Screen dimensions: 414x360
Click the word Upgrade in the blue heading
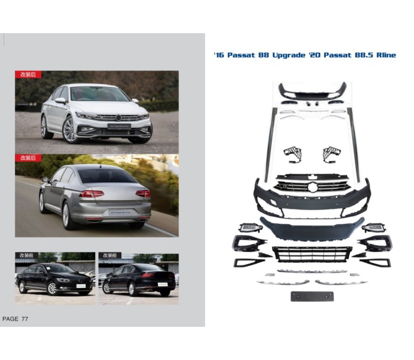tap(289, 55)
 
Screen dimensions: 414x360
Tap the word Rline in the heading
tap(386, 55)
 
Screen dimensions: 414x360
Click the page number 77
tap(25, 319)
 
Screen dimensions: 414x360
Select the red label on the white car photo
tap(28, 75)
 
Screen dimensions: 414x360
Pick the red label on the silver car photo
tap(28, 158)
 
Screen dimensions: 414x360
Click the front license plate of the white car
tap(119, 126)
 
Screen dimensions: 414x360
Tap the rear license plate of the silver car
tap(121, 212)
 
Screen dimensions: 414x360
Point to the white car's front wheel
tap(69, 130)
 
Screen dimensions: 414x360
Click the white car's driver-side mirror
tap(60, 101)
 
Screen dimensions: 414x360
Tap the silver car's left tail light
tap(91, 194)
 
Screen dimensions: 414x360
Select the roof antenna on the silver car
tap(101, 166)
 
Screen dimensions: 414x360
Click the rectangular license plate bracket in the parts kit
tap(312, 296)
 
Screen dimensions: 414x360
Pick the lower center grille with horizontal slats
tap(312, 254)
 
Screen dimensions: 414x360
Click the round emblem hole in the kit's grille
tap(313, 187)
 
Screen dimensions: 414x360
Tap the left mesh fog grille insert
tap(293, 155)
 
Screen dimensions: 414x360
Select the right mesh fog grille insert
tap(332, 154)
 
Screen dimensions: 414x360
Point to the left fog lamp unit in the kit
tap(250, 227)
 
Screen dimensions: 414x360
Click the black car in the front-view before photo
tap(54, 279)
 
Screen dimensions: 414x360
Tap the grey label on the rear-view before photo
tap(110, 255)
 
